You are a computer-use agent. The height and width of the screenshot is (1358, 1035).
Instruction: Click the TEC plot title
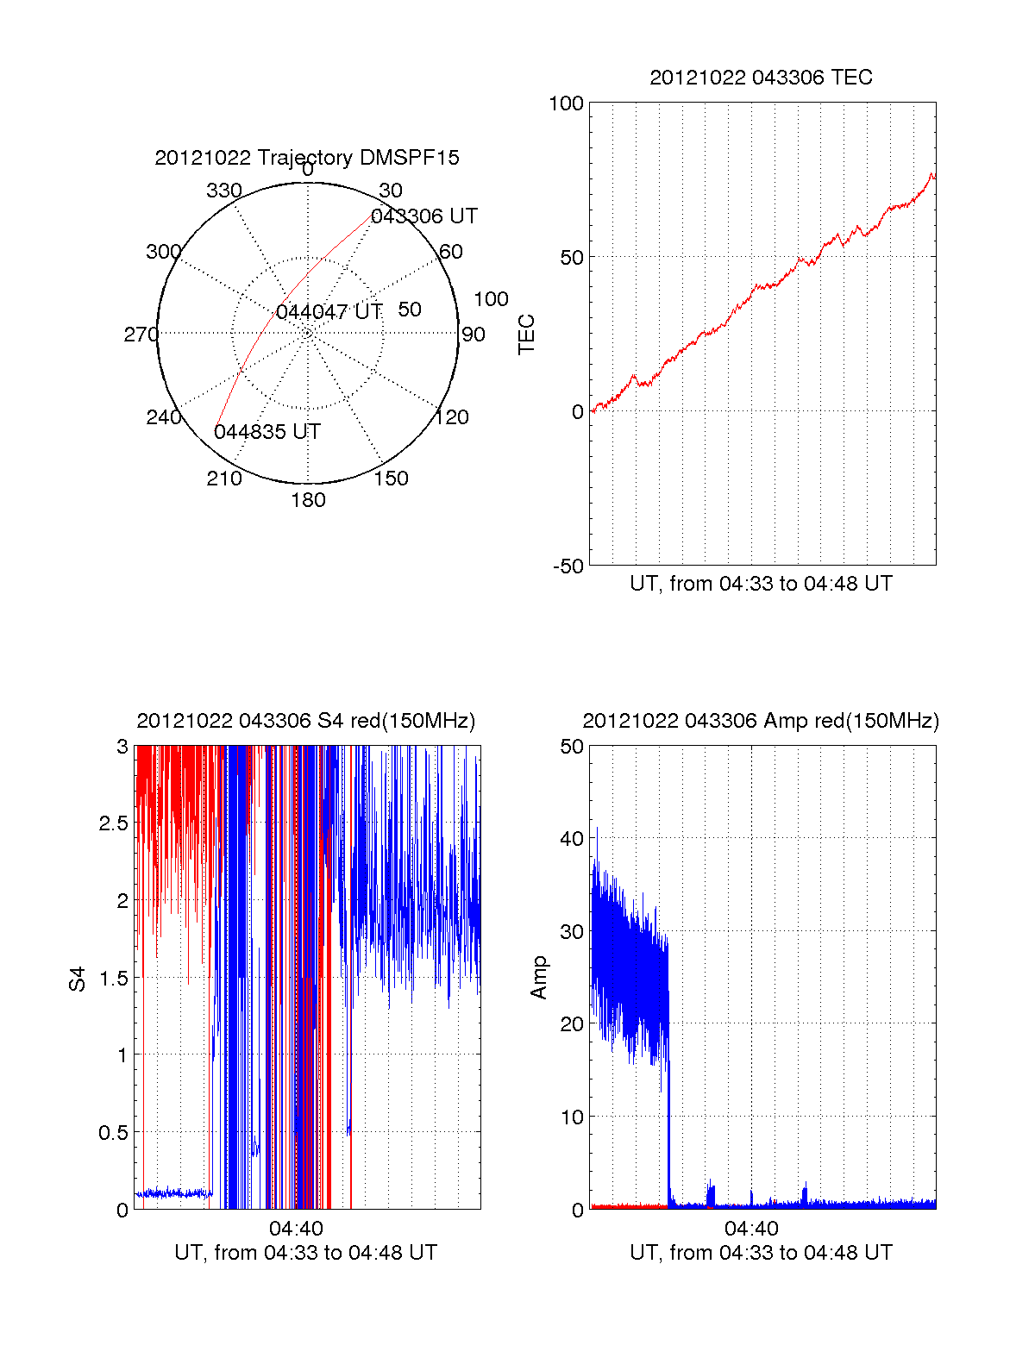761,78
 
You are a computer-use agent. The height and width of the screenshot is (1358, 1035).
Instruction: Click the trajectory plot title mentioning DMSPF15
307,158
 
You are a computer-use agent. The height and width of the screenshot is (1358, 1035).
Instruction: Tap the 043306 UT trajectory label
423,216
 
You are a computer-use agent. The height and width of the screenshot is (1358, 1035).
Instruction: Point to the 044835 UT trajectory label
267,432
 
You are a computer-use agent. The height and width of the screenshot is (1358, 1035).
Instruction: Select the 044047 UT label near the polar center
329,312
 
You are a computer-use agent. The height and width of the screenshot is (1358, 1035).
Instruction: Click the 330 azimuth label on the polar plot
224,191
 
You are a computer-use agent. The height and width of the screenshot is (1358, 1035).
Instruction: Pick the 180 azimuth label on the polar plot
308,500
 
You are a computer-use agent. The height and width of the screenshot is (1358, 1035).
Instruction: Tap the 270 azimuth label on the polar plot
141,335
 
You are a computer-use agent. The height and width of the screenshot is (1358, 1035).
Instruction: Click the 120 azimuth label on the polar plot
452,417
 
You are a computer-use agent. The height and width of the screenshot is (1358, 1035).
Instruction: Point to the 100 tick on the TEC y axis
566,103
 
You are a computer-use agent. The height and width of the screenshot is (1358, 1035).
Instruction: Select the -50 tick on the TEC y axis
568,566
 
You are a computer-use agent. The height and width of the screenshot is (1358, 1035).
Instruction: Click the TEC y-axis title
526,334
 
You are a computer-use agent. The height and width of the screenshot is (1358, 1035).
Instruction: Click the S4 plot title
306,721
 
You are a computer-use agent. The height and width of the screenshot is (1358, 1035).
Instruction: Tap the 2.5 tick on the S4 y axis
113,823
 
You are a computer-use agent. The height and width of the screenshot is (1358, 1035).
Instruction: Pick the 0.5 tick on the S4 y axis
113,1133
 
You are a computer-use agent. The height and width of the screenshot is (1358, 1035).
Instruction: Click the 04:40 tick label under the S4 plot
296,1229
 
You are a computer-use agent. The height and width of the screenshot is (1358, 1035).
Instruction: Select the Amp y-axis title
539,977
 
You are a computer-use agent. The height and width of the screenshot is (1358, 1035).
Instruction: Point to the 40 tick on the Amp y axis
572,839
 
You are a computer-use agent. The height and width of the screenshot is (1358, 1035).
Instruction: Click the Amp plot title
761,721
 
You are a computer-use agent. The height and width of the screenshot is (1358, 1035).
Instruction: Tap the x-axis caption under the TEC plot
761,584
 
